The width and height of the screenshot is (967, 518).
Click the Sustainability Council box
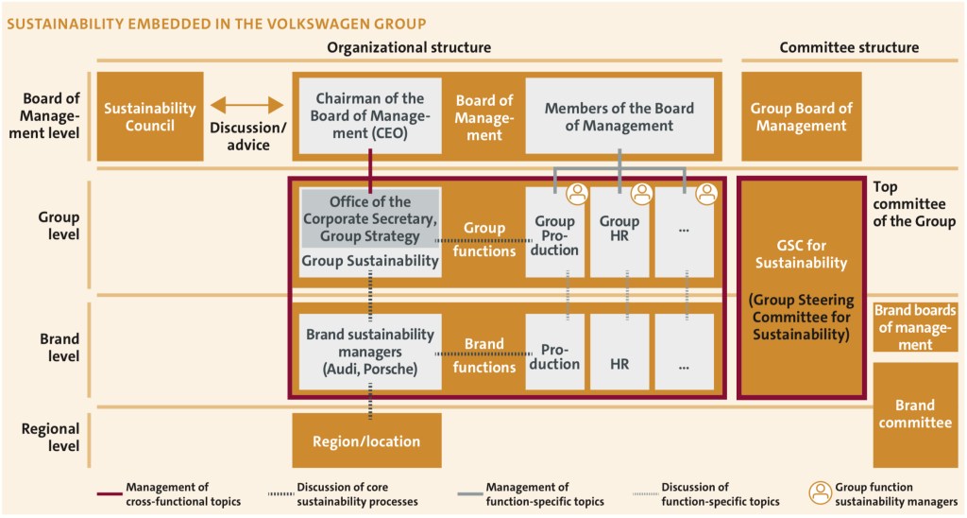point(149,116)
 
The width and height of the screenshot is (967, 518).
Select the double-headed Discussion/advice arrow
point(246,106)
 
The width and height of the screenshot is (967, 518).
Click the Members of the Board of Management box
point(619,116)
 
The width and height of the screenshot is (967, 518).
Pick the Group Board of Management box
point(801,116)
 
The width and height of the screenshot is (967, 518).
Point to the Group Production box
point(554,235)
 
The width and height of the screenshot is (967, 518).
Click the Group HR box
point(619,235)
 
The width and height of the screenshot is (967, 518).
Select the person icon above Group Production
point(577,194)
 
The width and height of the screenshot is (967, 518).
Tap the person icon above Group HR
point(642,194)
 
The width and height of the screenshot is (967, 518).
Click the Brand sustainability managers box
point(370,352)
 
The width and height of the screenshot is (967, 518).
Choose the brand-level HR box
point(619,363)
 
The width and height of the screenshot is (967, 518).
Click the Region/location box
point(366,441)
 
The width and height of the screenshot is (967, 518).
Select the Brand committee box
point(915,414)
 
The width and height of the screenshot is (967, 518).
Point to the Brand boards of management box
point(915,327)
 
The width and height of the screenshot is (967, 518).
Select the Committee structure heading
point(849,48)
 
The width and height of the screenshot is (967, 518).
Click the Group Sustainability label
point(370,261)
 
